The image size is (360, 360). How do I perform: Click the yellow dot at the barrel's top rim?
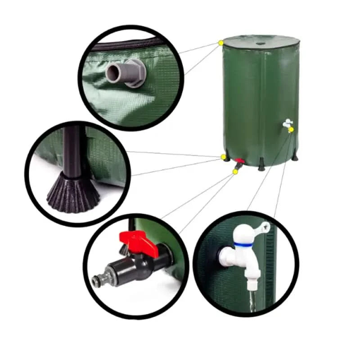click(221, 43)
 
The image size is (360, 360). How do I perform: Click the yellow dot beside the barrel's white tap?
click(292, 130)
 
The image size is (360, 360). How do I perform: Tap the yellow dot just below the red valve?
click(235, 171)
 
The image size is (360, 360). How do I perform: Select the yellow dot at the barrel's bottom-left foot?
click(223, 157)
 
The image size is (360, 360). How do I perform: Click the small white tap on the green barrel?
click(286, 123)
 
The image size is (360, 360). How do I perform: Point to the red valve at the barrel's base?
click(241, 161)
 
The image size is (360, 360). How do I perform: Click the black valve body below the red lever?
click(144, 263)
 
